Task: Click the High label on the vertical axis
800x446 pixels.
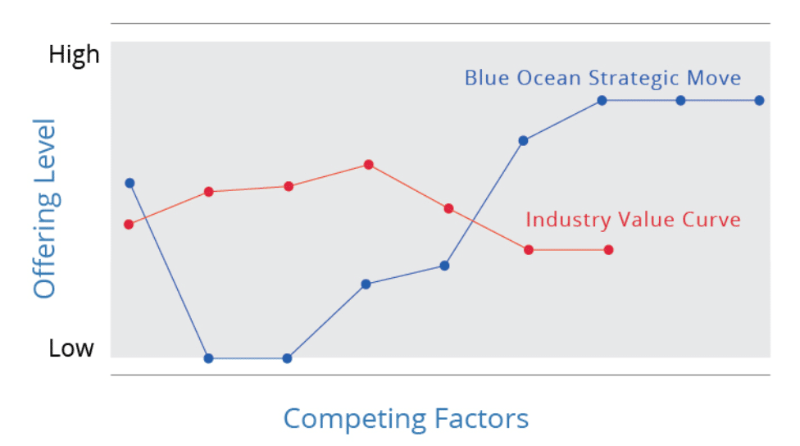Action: [x=74, y=55]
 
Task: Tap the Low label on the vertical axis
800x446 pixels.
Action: [x=71, y=348]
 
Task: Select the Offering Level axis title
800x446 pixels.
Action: [x=45, y=208]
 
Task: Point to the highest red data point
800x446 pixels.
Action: [x=368, y=164]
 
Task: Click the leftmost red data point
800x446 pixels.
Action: [x=129, y=224]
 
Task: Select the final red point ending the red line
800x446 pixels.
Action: [x=608, y=249]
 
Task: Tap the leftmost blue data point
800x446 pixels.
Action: [x=130, y=183]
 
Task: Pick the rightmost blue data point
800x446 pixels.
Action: [x=759, y=101]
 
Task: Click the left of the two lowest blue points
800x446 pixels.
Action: [x=208, y=358]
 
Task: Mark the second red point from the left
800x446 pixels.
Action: [x=209, y=191]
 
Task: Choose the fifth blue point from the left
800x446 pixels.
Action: [x=444, y=266]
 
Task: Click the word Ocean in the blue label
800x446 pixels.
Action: [x=549, y=78]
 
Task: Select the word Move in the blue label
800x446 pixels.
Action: [x=714, y=78]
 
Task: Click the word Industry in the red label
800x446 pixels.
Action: [x=568, y=221]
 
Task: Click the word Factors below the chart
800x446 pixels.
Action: [x=482, y=418]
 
